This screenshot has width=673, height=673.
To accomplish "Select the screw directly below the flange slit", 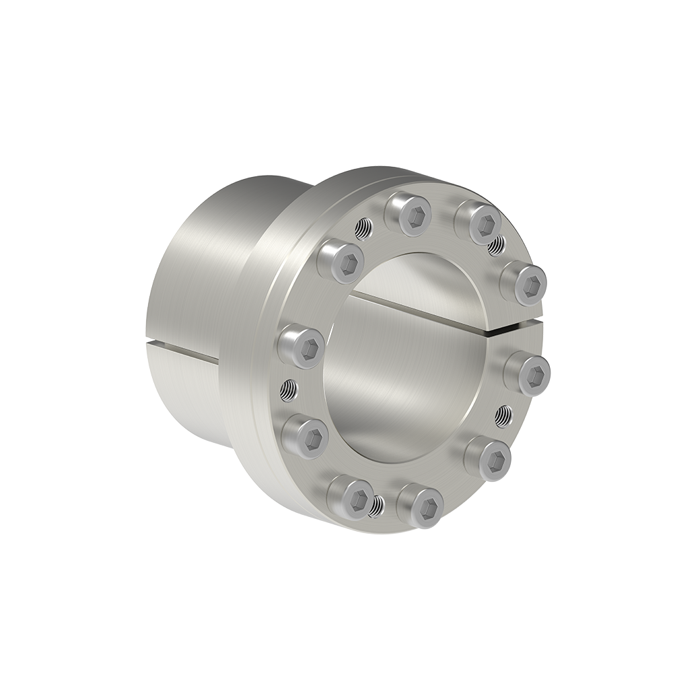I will [x=528, y=372].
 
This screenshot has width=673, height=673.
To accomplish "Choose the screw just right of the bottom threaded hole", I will [x=421, y=505].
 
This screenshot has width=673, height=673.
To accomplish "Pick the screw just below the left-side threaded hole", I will [x=304, y=437].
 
